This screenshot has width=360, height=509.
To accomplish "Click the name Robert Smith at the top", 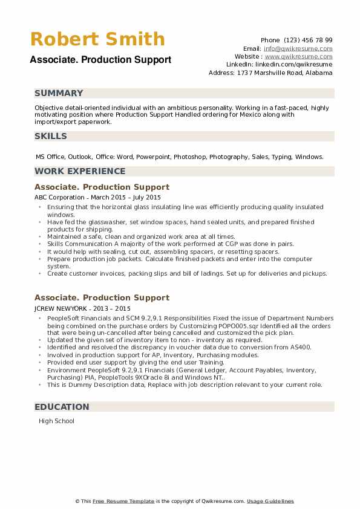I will click(x=97, y=39).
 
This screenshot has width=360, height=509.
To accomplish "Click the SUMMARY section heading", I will click(x=59, y=93).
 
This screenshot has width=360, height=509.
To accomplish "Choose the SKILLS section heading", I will click(x=51, y=136).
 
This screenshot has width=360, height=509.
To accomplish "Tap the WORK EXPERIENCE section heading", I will click(x=80, y=171).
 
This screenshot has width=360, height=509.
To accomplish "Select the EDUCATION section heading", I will click(x=62, y=407).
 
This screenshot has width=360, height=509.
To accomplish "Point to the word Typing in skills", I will click(x=281, y=157).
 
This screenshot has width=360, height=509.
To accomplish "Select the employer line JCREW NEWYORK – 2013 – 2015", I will click(x=82, y=308).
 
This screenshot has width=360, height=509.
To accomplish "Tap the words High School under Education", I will click(x=56, y=421).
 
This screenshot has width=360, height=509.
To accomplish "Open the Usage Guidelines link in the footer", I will click(x=270, y=501).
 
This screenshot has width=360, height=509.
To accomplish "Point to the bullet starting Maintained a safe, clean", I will click(x=141, y=237).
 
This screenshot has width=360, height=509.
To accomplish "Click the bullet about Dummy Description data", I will click(x=185, y=384).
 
